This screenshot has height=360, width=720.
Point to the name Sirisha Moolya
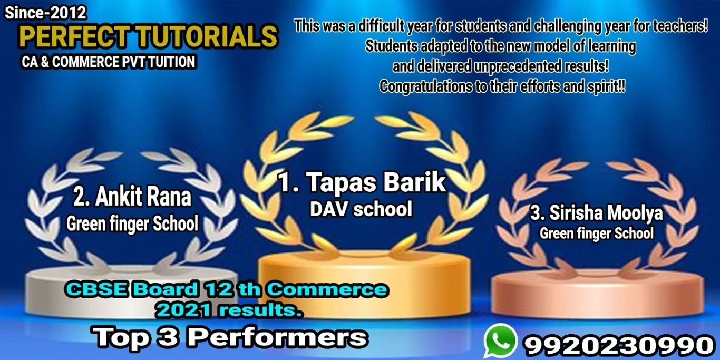(606, 213)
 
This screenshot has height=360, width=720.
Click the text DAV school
(361, 209)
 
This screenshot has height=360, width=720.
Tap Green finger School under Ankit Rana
(132, 224)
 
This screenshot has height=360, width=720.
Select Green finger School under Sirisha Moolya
(597, 233)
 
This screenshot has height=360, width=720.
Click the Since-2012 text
(45, 13)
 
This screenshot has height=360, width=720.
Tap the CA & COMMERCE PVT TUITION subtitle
(109, 62)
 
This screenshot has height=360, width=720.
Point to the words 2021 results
(229, 310)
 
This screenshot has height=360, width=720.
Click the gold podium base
(364, 283)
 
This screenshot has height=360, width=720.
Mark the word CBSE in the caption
(97, 289)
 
